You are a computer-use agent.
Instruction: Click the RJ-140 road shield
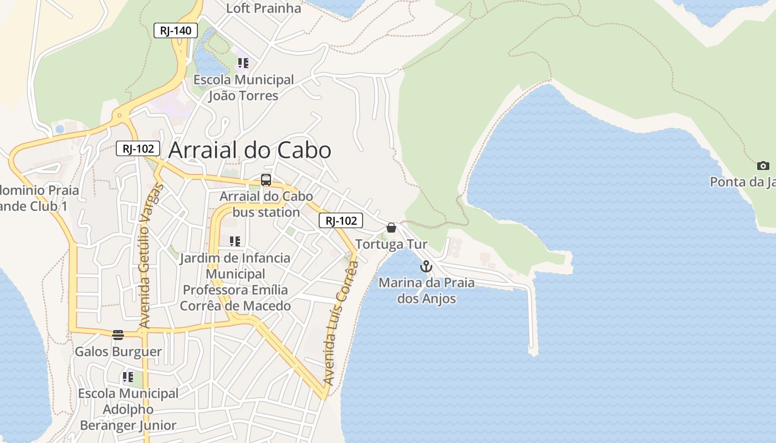click(x=176, y=30)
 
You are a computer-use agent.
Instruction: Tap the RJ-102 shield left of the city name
click(x=138, y=148)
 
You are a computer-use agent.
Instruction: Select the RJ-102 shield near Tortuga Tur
click(x=341, y=220)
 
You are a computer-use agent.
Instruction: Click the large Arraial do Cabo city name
click(x=249, y=150)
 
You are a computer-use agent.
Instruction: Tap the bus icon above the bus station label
click(x=266, y=180)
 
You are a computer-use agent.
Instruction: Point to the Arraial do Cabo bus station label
click(x=266, y=204)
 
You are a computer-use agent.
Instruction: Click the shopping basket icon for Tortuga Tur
click(x=391, y=228)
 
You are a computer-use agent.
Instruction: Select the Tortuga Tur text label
click(x=391, y=244)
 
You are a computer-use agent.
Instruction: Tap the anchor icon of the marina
click(x=426, y=267)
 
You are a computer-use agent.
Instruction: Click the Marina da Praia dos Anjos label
click(x=426, y=291)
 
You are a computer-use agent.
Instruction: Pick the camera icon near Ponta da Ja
click(x=763, y=166)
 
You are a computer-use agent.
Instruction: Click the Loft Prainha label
click(x=264, y=8)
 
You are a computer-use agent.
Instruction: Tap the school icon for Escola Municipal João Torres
click(x=243, y=63)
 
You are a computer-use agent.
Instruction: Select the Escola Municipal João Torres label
click(x=243, y=87)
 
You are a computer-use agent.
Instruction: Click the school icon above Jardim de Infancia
click(x=235, y=241)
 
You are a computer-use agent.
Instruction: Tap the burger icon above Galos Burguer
click(x=118, y=334)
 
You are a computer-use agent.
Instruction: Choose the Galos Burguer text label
click(x=118, y=352)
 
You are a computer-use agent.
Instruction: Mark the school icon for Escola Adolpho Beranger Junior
click(x=128, y=377)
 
